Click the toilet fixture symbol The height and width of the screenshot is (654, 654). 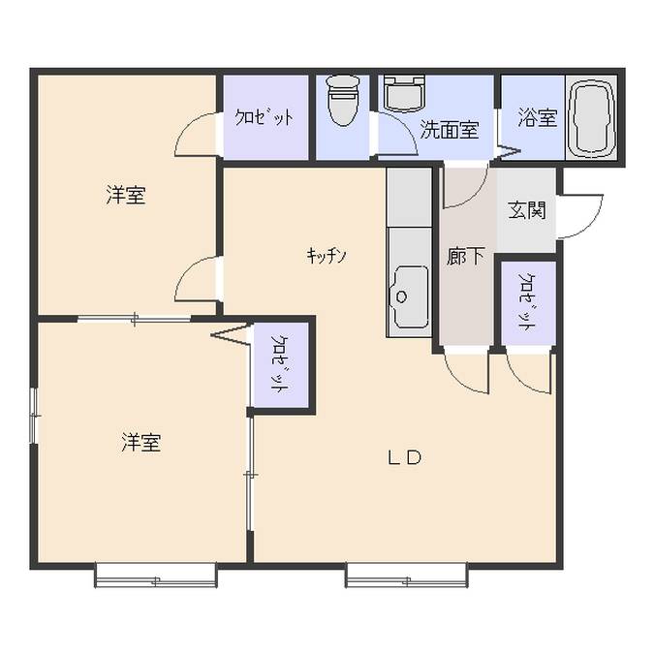344,100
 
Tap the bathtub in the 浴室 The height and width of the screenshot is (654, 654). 591,117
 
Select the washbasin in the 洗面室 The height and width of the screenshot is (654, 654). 404,93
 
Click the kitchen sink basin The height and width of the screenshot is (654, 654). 409,296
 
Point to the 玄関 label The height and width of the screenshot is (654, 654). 527,210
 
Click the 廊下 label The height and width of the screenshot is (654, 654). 465,256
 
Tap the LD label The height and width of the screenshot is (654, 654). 405,458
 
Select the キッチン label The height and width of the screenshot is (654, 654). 327,255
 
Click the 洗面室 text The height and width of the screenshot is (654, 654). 449,129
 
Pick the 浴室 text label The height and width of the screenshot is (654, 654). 538,117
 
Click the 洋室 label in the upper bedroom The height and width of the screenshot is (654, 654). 126,195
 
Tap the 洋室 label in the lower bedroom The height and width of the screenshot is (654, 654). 141,443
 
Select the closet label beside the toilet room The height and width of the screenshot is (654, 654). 264,117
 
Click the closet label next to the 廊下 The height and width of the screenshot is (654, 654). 526,301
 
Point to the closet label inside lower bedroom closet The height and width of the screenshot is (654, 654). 279,363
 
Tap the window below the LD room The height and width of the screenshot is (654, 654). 406,576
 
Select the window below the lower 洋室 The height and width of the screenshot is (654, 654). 156,576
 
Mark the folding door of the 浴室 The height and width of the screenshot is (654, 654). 507,150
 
